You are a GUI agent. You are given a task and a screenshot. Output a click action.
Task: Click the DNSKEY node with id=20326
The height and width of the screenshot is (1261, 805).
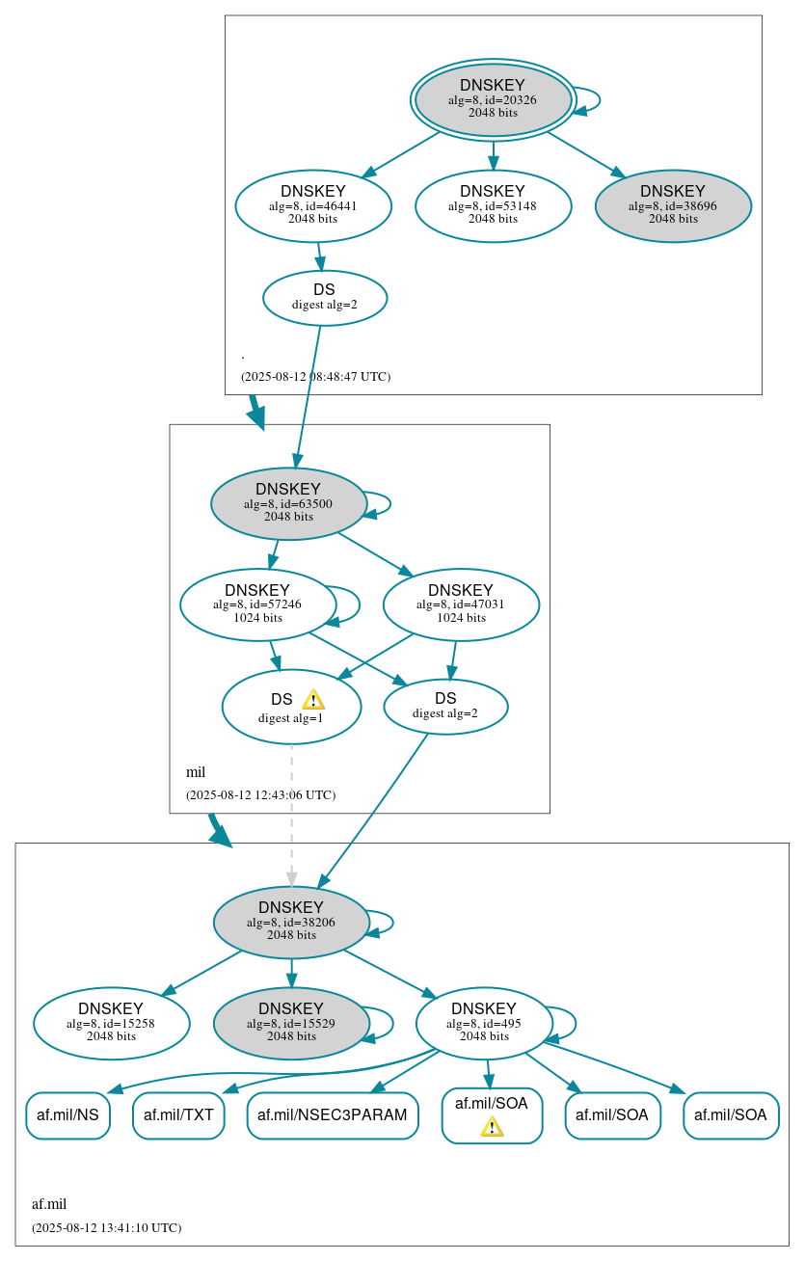click(x=493, y=99)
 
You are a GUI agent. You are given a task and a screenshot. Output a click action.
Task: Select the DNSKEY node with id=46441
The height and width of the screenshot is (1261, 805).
click(x=313, y=205)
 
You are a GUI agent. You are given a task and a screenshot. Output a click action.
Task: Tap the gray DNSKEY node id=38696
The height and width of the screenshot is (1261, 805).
click(x=673, y=205)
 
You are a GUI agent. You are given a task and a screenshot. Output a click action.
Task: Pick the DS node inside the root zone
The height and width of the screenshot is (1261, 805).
click(x=325, y=298)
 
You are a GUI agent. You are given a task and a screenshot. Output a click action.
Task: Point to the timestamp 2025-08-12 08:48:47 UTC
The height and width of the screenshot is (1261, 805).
click(x=315, y=376)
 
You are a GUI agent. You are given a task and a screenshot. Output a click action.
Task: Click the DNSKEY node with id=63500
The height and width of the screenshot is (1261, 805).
click(x=288, y=503)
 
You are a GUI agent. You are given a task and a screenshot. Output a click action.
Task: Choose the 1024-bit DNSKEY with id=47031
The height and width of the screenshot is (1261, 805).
click(x=461, y=604)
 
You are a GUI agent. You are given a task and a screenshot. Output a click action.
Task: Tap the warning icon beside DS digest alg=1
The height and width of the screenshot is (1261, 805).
click(x=312, y=700)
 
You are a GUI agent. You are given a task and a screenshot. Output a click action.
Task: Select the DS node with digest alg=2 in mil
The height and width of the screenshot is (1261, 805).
click(x=445, y=706)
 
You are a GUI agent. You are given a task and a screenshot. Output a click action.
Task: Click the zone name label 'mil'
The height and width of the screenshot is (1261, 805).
click(x=196, y=772)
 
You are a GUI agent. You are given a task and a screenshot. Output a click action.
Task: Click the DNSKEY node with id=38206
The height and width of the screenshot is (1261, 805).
click(x=291, y=922)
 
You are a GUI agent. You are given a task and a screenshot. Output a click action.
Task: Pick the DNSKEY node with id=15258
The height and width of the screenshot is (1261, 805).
click(x=111, y=1023)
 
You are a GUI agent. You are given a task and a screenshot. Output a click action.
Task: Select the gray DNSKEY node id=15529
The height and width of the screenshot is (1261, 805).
click(x=291, y=1023)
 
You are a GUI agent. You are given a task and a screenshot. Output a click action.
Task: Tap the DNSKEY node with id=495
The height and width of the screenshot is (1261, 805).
click(x=484, y=1023)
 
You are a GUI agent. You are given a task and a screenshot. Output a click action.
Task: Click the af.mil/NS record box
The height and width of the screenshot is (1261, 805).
click(x=67, y=1115)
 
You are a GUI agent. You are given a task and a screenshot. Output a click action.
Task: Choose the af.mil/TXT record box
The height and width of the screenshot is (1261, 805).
click(x=178, y=1115)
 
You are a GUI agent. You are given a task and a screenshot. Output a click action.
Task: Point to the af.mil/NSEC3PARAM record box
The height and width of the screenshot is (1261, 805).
click(x=333, y=1115)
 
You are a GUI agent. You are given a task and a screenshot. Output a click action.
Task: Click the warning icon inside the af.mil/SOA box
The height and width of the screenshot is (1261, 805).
click(x=492, y=1126)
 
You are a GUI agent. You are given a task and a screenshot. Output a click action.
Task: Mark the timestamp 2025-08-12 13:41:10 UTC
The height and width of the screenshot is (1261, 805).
click(x=106, y=1228)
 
